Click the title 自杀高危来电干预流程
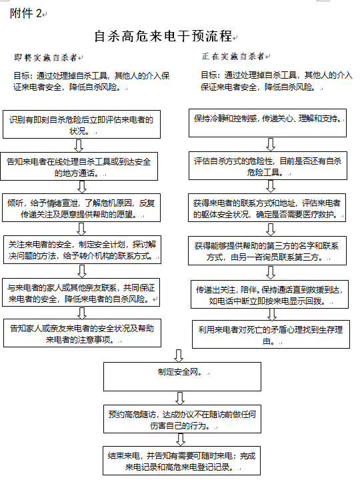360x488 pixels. (163, 36)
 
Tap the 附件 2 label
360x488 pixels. (26, 13)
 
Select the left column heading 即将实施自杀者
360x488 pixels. (45, 57)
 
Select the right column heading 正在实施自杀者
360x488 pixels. (233, 56)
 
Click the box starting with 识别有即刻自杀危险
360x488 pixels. (81, 124)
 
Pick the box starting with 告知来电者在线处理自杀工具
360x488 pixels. (79, 166)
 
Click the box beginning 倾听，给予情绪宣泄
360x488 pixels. (81, 207)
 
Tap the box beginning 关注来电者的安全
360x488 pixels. (82, 249)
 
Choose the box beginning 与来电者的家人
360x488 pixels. (81, 292)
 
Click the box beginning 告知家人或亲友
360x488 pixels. (82, 333)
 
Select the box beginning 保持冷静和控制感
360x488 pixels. (267, 123)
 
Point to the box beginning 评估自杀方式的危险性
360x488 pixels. (268, 165)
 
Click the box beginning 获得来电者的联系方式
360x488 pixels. (267, 207)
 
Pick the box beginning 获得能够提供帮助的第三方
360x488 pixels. (267, 251)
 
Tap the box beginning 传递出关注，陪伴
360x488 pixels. (269, 294)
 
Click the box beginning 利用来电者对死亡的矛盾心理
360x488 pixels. (271, 334)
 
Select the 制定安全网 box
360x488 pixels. (182, 377)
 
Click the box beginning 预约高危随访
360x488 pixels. (182, 419)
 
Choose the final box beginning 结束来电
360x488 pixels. (181, 461)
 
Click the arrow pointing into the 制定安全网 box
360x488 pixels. (179, 355)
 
